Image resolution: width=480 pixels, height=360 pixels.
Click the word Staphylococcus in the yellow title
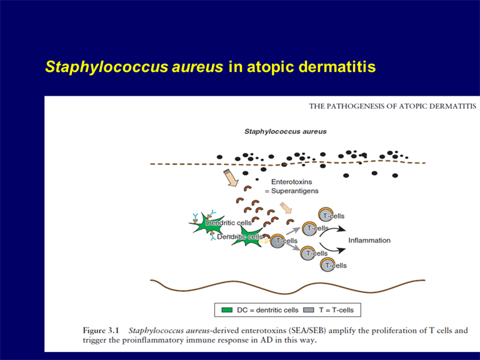pos(106,67)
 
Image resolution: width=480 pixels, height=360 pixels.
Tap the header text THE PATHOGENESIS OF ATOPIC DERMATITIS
pos(392,106)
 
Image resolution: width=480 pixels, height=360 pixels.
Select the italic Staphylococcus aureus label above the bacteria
pos(285,132)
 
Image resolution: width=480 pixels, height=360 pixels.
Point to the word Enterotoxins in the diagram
pos(292,182)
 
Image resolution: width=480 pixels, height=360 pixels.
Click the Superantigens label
pos(295,191)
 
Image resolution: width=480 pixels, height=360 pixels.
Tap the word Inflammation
pos(369,240)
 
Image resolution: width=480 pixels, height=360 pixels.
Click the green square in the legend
pos(227,310)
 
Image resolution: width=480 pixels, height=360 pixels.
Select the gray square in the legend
pos(308,310)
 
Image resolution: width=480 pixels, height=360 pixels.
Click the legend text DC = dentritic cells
pos(267,310)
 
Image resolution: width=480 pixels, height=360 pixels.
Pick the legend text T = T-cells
pos(336,310)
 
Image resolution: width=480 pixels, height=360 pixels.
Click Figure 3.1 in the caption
pos(101,331)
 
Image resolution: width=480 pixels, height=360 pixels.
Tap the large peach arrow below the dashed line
pos(231,177)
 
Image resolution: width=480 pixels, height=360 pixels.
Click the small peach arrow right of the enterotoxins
pos(286,207)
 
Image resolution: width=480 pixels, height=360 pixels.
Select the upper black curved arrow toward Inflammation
pos(332,229)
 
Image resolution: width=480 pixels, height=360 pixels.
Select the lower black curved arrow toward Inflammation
pos(332,249)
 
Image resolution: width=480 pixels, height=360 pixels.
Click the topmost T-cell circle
pos(326,214)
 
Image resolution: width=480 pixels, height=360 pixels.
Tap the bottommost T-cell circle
pos(327,264)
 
